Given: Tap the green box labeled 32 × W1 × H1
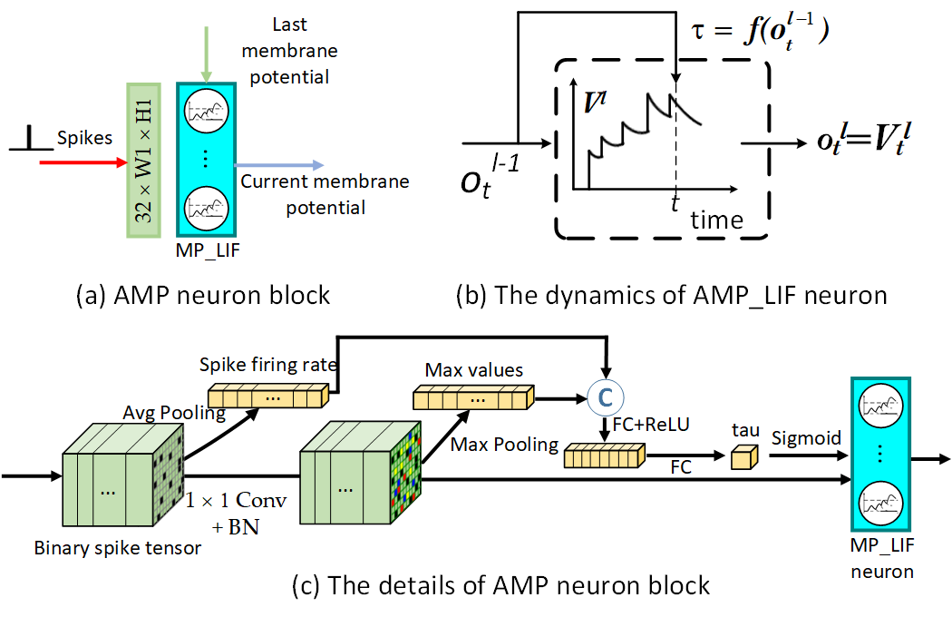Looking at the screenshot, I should click(144, 161).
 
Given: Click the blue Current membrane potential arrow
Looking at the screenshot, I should click(277, 165).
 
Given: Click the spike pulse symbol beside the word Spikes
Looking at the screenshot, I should click(31, 140).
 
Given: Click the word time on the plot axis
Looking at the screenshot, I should click(716, 220).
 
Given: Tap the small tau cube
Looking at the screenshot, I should click(743, 460).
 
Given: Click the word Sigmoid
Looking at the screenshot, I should click(806, 438).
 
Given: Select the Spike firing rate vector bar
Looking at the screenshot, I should click(267, 397).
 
